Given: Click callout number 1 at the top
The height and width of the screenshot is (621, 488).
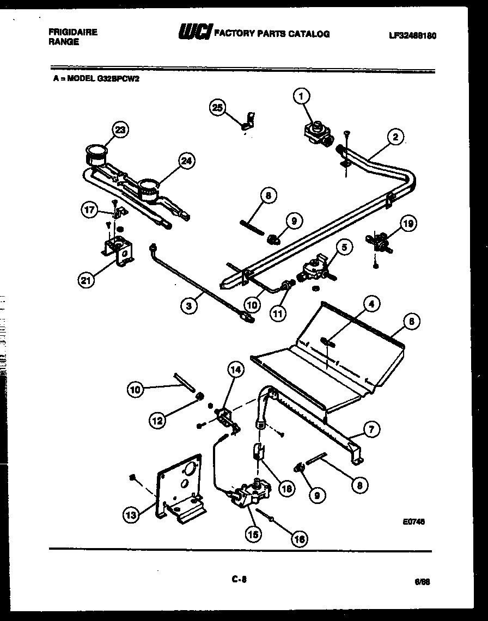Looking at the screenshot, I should (301, 96).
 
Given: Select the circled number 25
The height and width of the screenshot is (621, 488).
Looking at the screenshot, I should (218, 108).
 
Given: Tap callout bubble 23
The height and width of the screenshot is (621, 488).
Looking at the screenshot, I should (120, 130).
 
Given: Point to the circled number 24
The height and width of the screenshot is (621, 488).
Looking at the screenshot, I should (187, 161).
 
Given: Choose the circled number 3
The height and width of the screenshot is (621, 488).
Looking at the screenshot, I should (188, 306).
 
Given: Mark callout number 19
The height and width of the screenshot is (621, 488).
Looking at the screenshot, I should (408, 223).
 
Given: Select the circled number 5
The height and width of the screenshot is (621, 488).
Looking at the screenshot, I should (343, 247).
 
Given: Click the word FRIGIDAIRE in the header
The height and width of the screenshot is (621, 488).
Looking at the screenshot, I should (72, 33).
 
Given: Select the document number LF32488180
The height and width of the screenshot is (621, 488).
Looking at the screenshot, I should (412, 35).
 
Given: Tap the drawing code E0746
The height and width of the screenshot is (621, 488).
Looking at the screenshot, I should (413, 521).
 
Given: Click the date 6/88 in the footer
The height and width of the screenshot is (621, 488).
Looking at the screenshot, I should (422, 581).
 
